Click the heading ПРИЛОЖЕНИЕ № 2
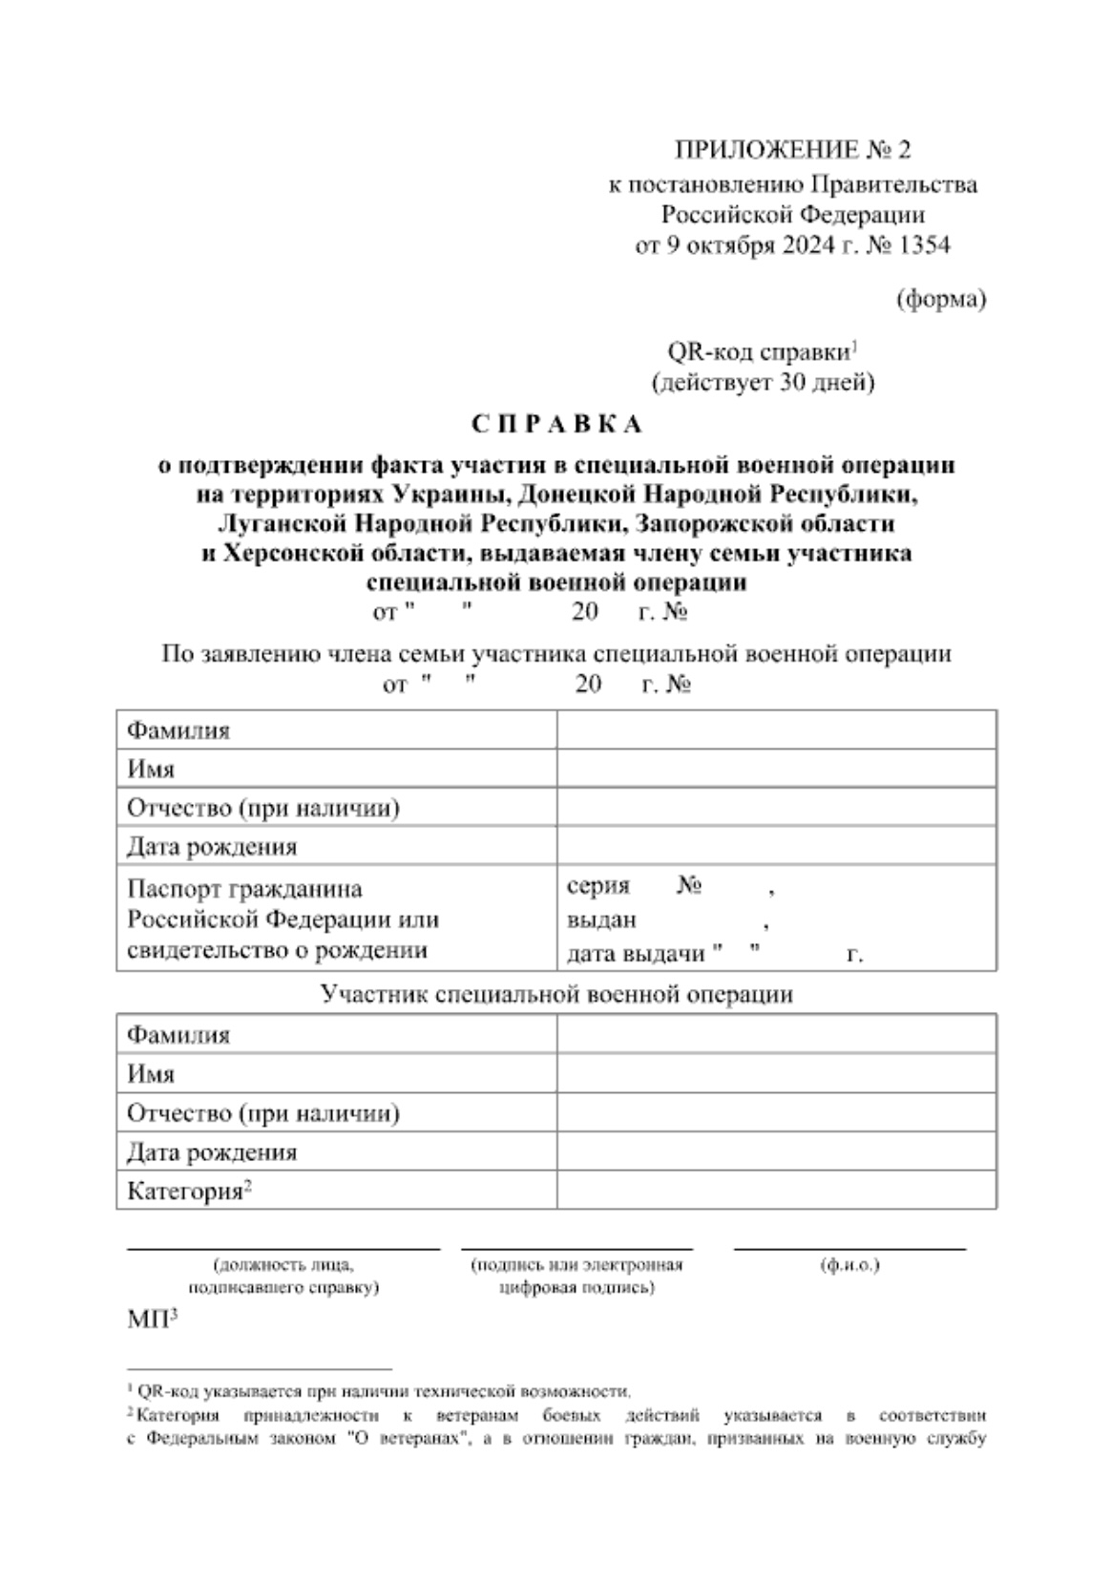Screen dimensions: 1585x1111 click(792, 150)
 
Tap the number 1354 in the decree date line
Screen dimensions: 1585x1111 click(924, 245)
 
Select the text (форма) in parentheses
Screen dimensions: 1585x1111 click(940, 299)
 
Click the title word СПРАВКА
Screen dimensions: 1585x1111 click(557, 422)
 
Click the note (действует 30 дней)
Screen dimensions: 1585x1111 click(763, 383)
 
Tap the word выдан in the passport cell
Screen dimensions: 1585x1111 click(601, 920)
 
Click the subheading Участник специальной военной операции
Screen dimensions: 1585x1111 click(556, 994)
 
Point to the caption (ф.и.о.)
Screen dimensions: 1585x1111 click(849, 1265)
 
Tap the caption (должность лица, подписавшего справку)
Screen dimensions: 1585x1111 click(283, 1276)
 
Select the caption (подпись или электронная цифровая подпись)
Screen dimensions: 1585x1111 click(576, 1276)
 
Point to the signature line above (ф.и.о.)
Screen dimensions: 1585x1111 click(849, 1248)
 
